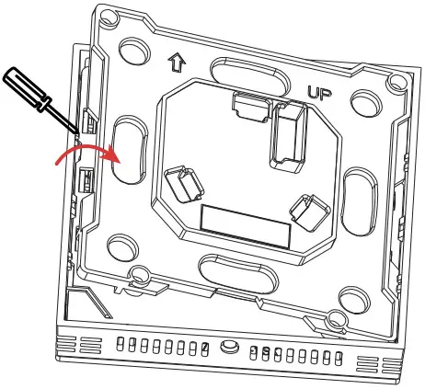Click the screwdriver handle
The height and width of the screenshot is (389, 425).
coord(23,87)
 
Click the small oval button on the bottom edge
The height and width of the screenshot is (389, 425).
coord(227,347)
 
